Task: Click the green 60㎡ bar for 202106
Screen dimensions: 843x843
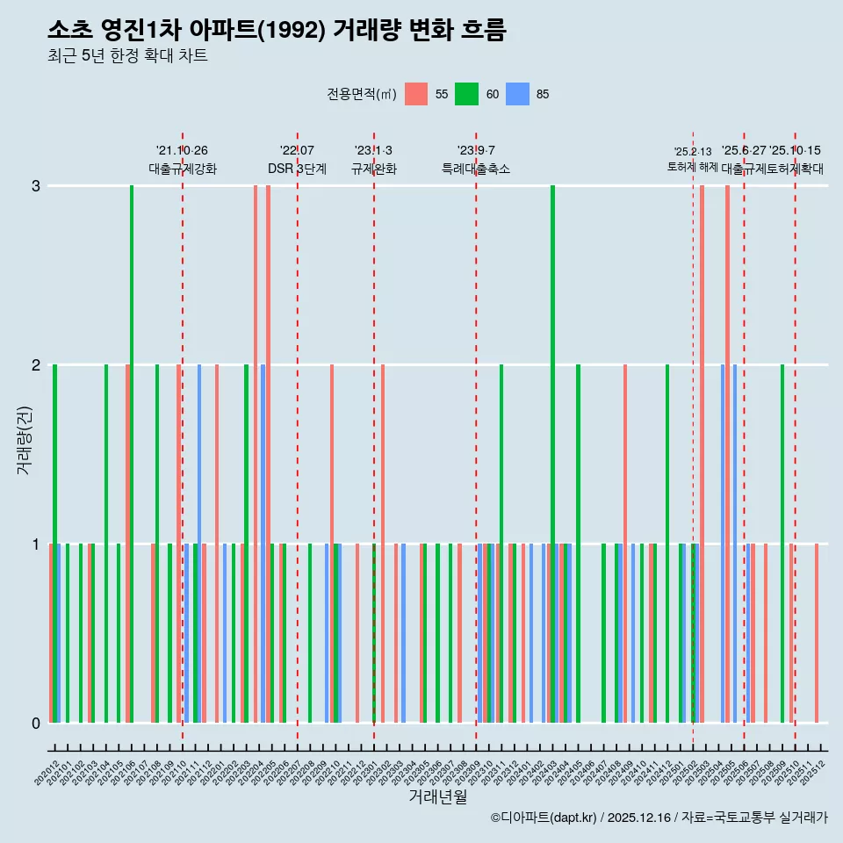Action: (132, 454)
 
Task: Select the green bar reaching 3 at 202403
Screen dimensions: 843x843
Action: (552, 454)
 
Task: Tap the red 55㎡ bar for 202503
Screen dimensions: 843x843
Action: (702, 454)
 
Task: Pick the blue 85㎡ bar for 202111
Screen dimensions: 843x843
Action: (199, 544)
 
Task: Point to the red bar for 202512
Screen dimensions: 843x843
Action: (817, 633)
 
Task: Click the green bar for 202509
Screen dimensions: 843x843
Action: (782, 544)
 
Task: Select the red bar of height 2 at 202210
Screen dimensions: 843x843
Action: (332, 544)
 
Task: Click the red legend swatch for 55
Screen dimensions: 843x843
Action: (416, 94)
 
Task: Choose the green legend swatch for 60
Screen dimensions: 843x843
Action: (466, 94)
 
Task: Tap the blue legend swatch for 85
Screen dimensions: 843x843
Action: (517, 94)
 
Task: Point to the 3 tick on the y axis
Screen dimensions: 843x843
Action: (36, 186)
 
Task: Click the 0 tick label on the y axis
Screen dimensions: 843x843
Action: (36, 724)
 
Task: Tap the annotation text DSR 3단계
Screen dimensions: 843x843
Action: (297, 169)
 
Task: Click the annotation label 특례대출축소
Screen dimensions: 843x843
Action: (475, 169)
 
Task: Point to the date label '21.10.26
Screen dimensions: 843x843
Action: (182, 151)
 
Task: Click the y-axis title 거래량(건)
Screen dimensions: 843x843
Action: (24, 439)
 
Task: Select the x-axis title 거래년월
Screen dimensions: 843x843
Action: (437, 797)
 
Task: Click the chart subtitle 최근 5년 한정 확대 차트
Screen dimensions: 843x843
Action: (127, 56)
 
